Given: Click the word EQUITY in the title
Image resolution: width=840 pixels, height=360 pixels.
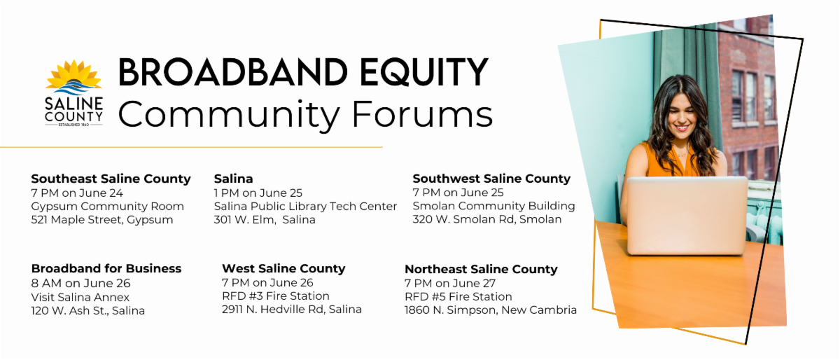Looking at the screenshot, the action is click(423, 72).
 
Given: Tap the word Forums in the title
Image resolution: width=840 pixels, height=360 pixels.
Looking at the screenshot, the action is click(422, 113).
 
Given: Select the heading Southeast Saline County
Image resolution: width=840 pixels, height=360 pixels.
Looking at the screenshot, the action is click(111, 179).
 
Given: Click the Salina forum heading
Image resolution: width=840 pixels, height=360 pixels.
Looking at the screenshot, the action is click(233, 179).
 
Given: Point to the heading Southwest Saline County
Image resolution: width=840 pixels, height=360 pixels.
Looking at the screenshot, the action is click(491, 179).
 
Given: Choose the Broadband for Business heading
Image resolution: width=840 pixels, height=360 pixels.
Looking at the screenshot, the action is click(106, 268).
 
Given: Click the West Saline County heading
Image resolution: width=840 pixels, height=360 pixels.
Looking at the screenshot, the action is click(283, 268).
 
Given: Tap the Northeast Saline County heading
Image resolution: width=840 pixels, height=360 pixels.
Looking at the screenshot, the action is click(481, 269).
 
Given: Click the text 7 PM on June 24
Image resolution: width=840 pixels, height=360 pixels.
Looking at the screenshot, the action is click(77, 193).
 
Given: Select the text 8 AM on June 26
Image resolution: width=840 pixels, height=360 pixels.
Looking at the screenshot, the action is click(80, 283).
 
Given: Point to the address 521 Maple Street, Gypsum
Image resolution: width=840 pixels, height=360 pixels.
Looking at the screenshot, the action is click(102, 220).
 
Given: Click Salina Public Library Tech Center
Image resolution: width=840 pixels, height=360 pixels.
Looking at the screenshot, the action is click(305, 207).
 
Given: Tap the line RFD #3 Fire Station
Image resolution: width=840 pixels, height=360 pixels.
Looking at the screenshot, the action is click(276, 296).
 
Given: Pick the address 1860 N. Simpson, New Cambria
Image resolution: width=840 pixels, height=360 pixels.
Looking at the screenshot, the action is click(491, 310).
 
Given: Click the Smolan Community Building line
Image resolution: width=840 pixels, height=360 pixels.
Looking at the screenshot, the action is click(493, 206).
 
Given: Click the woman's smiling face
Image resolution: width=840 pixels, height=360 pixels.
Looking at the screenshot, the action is click(682, 113).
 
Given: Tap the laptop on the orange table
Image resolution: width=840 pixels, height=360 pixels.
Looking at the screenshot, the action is click(687, 216).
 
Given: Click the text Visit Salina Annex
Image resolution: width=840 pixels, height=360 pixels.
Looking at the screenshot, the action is click(80, 297).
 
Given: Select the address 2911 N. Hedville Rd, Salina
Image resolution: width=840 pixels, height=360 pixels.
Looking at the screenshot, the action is click(292, 310).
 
